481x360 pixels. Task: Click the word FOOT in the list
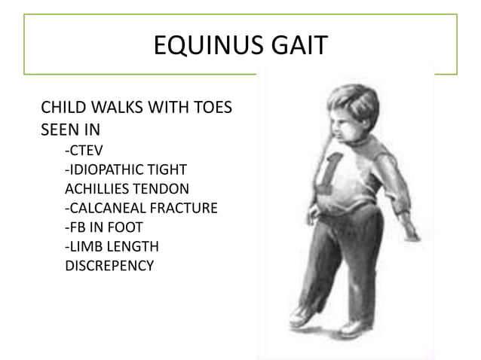click(x=125, y=227)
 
